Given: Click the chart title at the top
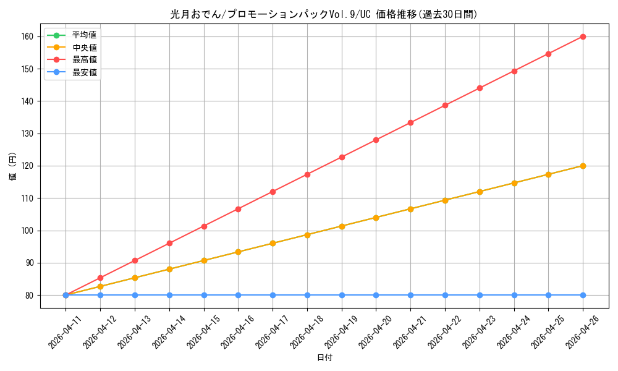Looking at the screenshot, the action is (x=324, y=15).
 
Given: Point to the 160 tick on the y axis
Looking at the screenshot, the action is (x=29, y=36).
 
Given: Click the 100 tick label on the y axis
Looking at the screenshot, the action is (x=29, y=231).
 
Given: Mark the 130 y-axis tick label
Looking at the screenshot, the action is (x=29, y=134).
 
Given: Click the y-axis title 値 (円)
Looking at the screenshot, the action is (x=12, y=166).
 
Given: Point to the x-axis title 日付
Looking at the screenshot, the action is (x=325, y=357).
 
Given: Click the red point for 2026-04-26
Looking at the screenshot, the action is (x=583, y=36).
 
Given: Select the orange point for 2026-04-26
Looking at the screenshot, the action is (x=583, y=166).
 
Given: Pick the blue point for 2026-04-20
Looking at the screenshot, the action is (x=376, y=296).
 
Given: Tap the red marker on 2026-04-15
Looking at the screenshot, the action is (x=204, y=226).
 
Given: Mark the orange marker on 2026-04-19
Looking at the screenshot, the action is (x=342, y=226).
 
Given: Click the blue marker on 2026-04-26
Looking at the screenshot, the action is (x=583, y=296).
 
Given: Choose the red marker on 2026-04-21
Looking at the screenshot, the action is (x=411, y=122).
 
